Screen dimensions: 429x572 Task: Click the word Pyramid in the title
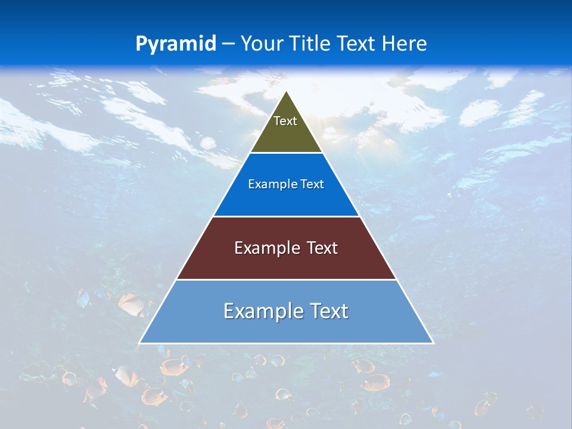[x=176, y=44]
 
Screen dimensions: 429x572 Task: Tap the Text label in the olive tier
[x=285, y=121]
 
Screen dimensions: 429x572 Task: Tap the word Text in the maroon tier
[x=322, y=248]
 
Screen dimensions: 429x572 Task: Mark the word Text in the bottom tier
[x=329, y=311]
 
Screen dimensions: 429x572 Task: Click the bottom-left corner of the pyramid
[x=140, y=343]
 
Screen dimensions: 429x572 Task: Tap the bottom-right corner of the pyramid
[x=433, y=343]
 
